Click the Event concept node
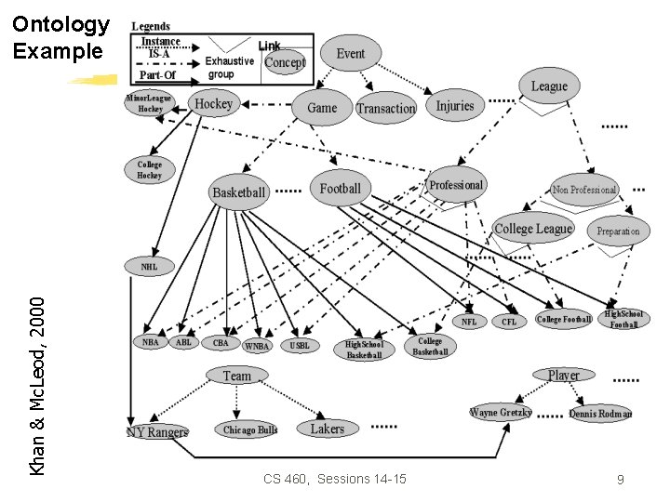tap(351, 54)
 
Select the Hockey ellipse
tap(213, 104)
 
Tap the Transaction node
tap(385, 108)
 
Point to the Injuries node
tap(455, 105)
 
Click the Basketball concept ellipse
tap(239, 192)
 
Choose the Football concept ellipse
tap(341, 189)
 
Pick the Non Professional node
tap(584, 190)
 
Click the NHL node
tap(150, 267)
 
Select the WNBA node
tap(257, 346)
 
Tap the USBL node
tap(300, 345)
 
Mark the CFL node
tap(509, 322)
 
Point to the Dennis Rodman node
tap(600, 414)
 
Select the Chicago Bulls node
tap(250, 430)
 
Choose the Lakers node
tap(327, 429)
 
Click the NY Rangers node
tap(157, 432)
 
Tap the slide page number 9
tap(620, 480)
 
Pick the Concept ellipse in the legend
tap(285, 62)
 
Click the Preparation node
tap(619, 231)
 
